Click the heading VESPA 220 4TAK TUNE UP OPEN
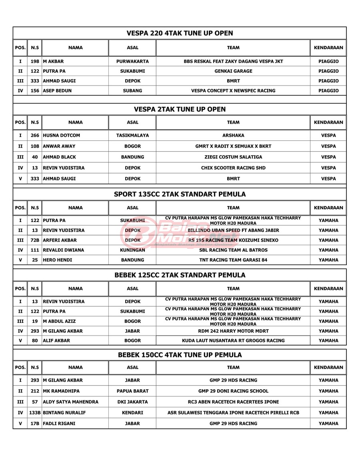(180, 33)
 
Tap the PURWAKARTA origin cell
(132, 62)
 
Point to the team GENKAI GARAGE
(233, 71)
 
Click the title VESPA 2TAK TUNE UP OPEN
(180, 109)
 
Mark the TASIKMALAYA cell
(132, 136)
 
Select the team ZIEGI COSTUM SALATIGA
(233, 157)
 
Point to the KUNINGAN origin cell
(132, 250)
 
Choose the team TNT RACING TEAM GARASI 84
(233, 260)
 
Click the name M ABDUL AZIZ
(58, 321)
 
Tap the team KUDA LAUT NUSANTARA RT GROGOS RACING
(233, 341)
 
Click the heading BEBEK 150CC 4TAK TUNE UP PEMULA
(180, 355)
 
